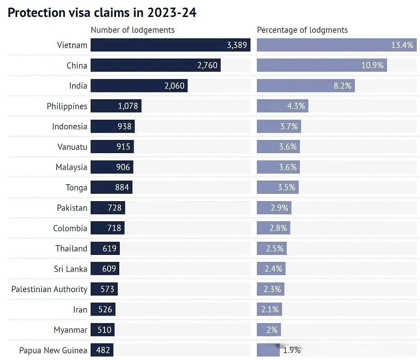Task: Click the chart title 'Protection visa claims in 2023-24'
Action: coord(102,12)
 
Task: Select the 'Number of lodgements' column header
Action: coord(132,30)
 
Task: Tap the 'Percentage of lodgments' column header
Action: coord(302,30)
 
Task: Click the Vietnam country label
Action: coord(72,45)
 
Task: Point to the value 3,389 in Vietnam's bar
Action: coord(237,45)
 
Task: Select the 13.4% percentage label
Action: coord(402,45)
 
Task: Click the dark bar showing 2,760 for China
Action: coord(155,65)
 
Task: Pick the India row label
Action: coord(78,86)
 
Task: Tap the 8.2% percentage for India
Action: coord(342,86)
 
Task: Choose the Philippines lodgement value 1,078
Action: coord(128,106)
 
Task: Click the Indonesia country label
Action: coord(69,126)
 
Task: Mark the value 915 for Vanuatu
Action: coord(123,147)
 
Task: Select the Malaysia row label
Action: coord(71,167)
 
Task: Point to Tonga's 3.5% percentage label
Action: coord(286,187)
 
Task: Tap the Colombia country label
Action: coord(70,228)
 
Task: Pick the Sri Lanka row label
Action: coord(71,269)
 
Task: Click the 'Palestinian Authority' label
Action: coord(49,289)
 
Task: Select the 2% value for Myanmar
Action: coord(272,330)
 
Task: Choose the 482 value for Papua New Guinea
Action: coord(103,350)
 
